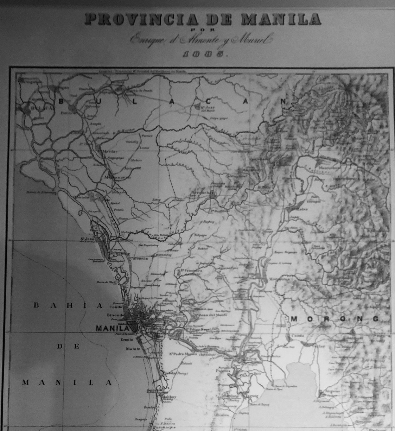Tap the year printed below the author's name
[x=203, y=54]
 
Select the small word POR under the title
[x=203, y=30]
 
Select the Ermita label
[x=127, y=340]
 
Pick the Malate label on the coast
[x=133, y=349]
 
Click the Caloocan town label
[x=139, y=258]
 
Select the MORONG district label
[x=335, y=319]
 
